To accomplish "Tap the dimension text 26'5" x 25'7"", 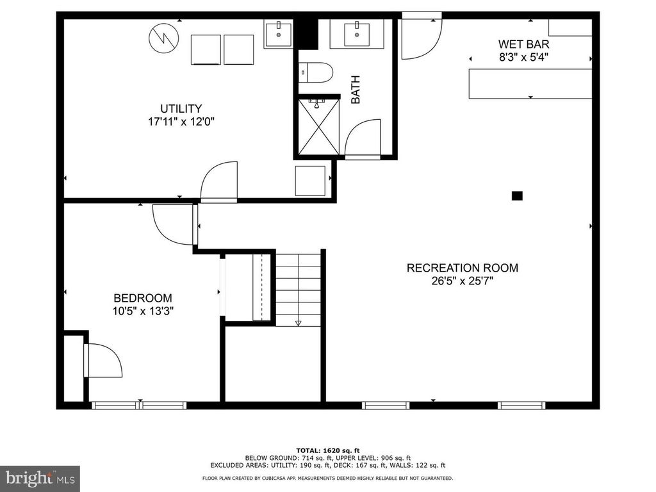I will pos(462,281).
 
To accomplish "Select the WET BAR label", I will pos(524,44).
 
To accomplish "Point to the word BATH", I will pos(356,90).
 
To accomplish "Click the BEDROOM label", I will pos(142,298).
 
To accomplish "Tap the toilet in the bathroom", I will pos(316,72).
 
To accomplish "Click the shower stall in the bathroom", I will pos(318,126).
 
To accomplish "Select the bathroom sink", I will pos(356,33).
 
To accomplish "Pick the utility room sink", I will pos(278,34).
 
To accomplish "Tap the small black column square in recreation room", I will pos(517,196).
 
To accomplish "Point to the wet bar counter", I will pos(530,83).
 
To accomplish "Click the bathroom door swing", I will pos(362,137).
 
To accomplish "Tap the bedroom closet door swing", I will pos(104,360).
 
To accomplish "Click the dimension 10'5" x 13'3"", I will pos(142,311).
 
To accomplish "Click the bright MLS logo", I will pos(39,478).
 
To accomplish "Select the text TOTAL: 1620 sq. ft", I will pos(327,450).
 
